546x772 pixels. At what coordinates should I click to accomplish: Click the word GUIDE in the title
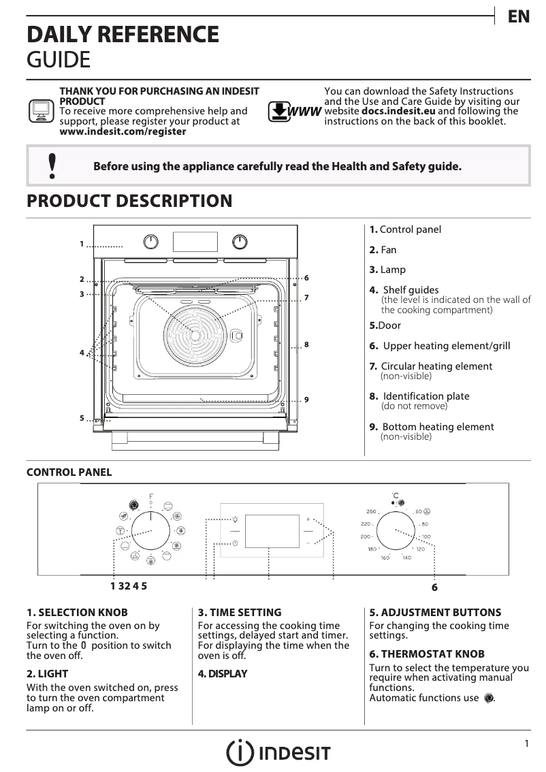tap(58, 60)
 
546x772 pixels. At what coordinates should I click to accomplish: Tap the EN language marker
tap(519, 18)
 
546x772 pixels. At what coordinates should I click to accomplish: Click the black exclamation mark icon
tap(51, 166)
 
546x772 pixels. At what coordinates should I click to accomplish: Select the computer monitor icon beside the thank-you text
tap(40, 110)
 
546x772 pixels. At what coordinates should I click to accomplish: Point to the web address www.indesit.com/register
tap(123, 131)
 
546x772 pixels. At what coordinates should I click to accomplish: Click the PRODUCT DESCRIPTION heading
tap(129, 202)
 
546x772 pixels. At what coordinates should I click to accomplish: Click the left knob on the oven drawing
tap(151, 242)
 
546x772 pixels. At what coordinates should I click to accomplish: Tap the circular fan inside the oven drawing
tap(195, 336)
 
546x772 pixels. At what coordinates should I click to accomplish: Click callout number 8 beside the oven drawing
tap(307, 345)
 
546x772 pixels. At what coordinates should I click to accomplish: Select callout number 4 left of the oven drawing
tap(81, 353)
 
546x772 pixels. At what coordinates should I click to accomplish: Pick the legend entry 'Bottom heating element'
tap(438, 427)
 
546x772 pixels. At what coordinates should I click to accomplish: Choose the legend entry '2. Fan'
tap(383, 250)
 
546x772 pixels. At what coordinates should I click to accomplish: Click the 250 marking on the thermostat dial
tap(371, 511)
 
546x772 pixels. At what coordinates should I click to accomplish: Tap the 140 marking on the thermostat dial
tap(406, 558)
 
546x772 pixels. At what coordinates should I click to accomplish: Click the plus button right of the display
tap(308, 518)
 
